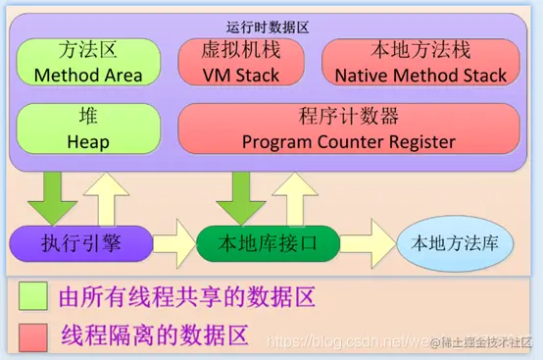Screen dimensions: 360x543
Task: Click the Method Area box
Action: pyautogui.click(x=87, y=62)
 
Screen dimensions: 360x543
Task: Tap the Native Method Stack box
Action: pyautogui.click(x=420, y=62)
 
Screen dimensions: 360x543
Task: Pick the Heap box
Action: pyautogui.click(x=87, y=129)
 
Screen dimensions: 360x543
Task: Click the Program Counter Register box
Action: pyautogui.click(x=348, y=129)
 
